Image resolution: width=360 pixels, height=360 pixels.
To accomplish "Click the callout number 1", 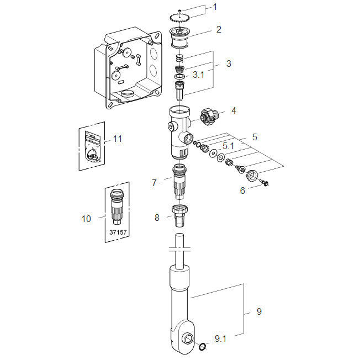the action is [215, 7].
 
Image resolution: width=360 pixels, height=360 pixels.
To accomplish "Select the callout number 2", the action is [219, 29].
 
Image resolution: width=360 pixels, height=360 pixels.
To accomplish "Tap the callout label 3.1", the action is [199, 75].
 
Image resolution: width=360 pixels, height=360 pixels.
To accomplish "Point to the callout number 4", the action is [234, 110].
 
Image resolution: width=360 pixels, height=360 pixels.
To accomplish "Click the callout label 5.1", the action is [229, 146].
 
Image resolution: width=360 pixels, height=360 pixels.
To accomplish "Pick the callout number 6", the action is [242, 190].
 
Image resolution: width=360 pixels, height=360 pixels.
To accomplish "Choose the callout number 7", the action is [154, 183].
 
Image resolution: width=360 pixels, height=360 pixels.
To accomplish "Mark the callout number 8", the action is [157, 218].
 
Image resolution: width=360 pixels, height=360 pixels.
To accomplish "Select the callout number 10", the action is [86, 219].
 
